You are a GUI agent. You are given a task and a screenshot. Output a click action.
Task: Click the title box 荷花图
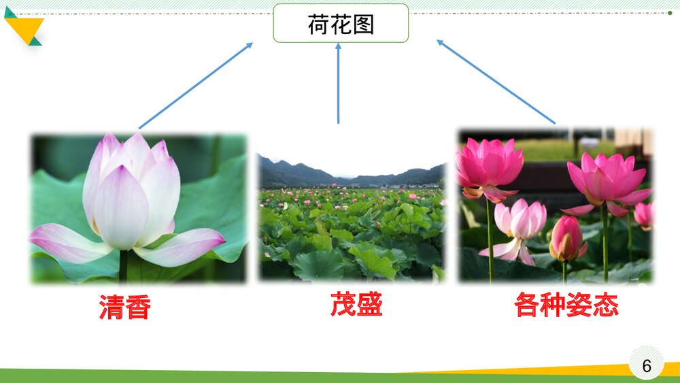coord(341,24)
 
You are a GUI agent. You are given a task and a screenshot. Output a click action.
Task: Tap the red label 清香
coord(124,307)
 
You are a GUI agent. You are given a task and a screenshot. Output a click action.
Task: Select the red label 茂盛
coord(356,304)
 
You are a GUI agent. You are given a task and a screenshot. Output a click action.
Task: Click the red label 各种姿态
coord(566,305)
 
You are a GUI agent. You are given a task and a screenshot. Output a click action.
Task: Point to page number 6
coord(646,366)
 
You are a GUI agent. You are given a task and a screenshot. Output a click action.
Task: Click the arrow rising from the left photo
coord(195,86)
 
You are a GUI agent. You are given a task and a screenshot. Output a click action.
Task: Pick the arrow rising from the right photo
coord(496,82)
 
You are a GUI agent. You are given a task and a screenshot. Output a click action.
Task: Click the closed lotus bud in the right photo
coord(566,238)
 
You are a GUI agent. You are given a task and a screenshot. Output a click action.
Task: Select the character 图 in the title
coord(363,24)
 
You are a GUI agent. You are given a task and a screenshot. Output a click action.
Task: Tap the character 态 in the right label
coord(606,305)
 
